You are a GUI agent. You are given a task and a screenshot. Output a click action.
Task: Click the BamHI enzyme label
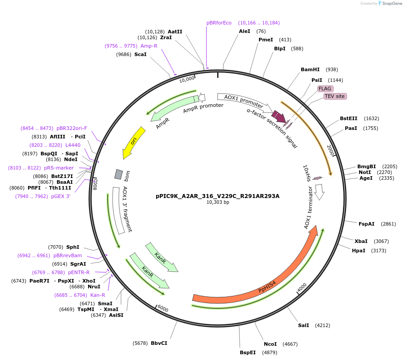310,69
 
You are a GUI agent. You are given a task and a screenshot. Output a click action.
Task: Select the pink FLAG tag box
325,89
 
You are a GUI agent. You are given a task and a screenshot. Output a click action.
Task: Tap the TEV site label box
335,96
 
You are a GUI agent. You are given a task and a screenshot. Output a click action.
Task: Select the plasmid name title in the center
218,195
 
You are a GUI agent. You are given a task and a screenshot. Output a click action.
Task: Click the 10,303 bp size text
218,202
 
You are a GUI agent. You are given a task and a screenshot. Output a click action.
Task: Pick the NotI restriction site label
364,172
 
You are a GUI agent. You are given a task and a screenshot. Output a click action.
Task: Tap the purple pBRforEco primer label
219,23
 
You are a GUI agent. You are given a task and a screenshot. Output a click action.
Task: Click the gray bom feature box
118,174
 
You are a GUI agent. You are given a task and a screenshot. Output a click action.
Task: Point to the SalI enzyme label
303,325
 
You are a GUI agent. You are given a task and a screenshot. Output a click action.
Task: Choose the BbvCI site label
159,343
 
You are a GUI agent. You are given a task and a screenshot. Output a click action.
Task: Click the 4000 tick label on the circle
302,287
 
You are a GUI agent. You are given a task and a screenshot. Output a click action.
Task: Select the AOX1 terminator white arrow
319,192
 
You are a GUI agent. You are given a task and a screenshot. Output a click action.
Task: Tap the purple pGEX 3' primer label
61,196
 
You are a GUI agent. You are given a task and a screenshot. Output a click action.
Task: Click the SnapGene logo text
391,4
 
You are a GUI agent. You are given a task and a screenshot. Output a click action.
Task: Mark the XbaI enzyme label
361,241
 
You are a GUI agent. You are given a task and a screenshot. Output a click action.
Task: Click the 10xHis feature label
307,173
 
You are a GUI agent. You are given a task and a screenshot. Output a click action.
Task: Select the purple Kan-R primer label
97,295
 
